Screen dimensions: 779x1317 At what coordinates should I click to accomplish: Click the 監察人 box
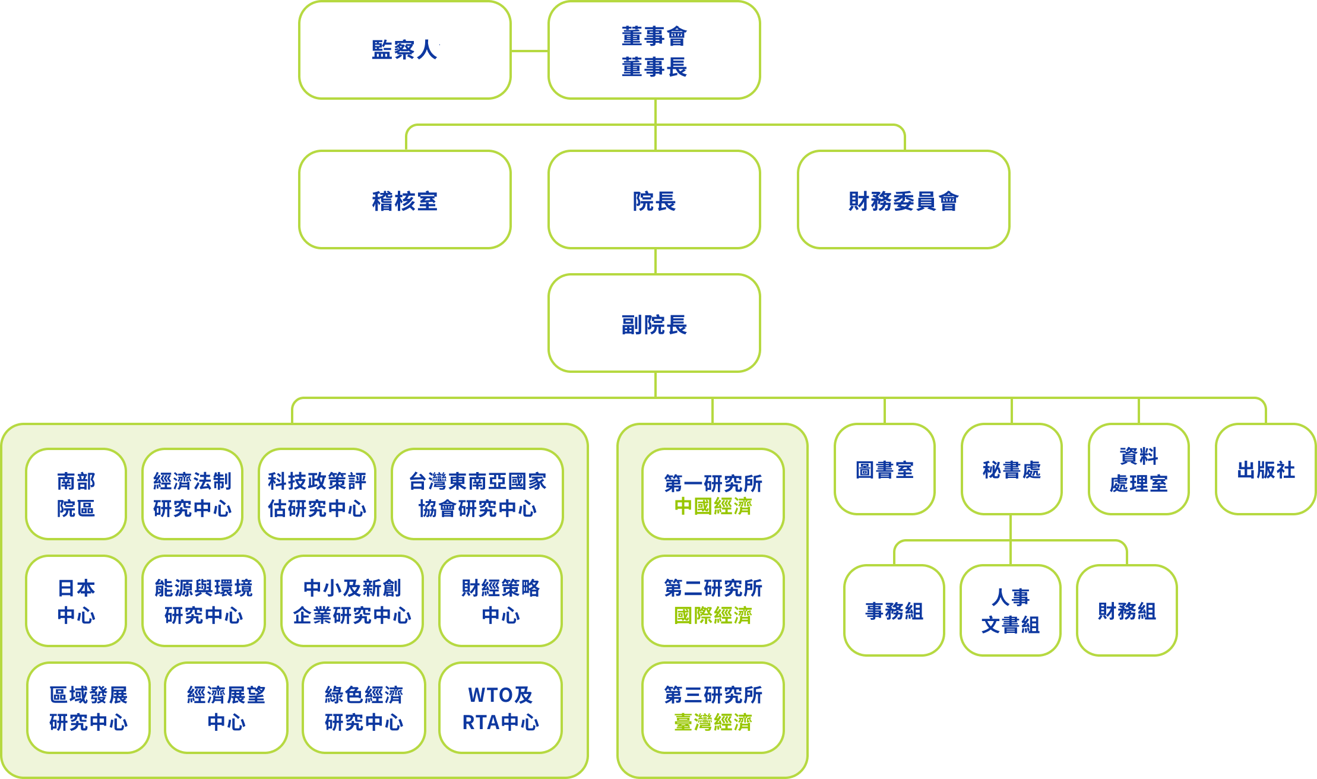[x=404, y=50]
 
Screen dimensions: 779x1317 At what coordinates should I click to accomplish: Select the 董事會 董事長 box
[x=654, y=50]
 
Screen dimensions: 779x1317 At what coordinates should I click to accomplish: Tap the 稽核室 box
[x=404, y=200]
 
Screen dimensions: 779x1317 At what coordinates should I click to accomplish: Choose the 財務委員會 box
[x=903, y=200]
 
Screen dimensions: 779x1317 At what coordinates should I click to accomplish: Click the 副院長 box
[x=654, y=324]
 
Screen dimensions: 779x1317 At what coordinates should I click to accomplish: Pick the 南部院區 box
[x=76, y=494]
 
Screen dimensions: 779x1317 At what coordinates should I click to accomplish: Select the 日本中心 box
[x=76, y=601]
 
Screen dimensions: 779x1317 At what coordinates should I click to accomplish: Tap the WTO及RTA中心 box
[x=500, y=708]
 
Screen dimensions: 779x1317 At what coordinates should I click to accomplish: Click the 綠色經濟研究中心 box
[x=363, y=708]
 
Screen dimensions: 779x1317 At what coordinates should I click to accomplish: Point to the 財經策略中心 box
[x=500, y=601]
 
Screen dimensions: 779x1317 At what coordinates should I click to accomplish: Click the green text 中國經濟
[x=713, y=506]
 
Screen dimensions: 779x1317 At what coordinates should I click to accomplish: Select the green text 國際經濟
[x=713, y=615]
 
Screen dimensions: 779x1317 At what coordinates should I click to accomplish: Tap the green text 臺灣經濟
[x=713, y=722]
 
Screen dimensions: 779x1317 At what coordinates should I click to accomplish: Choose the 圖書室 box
[x=884, y=469]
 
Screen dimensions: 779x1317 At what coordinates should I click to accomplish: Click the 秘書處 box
[x=1011, y=469]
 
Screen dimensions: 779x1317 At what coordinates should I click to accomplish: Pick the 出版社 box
[x=1265, y=469]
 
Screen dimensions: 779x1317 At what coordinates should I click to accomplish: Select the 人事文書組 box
[x=1010, y=610]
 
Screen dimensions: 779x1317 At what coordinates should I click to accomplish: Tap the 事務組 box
[x=894, y=610]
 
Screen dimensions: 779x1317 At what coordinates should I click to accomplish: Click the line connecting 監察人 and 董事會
[x=529, y=51]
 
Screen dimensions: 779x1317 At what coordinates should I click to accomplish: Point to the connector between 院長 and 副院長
[x=655, y=261]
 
